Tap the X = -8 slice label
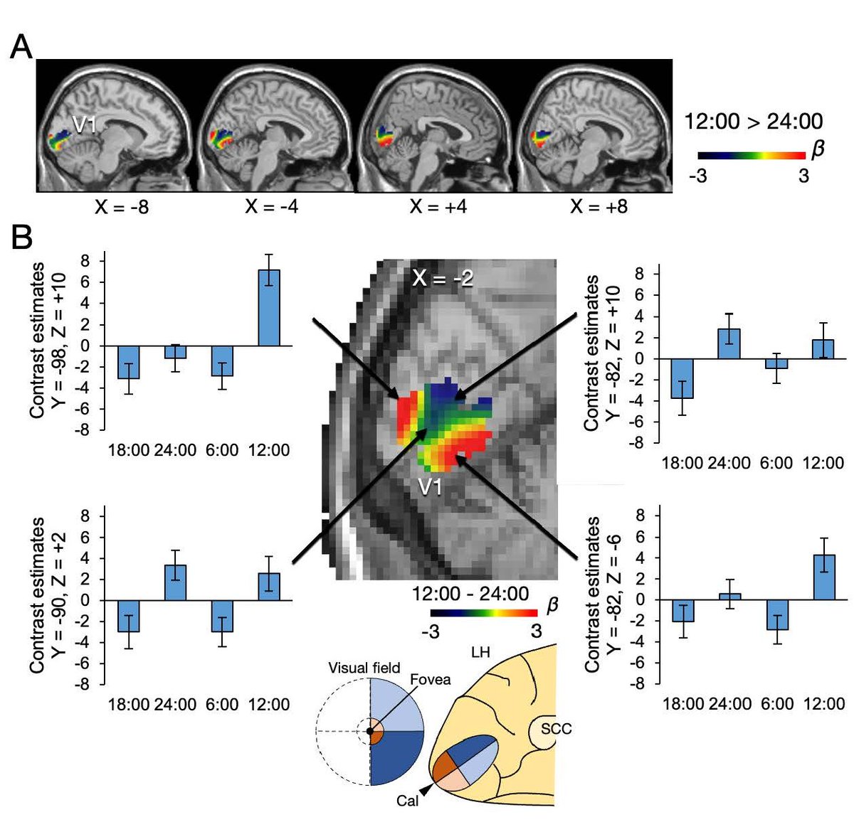pyautogui.click(x=122, y=207)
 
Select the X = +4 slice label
pyautogui.click(x=438, y=207)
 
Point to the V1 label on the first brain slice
pyautogui.click(x=85, y=124)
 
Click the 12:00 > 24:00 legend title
pyautogui.click(x=753, y=122)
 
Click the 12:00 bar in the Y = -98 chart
pyautogui.click(x=269, y=307)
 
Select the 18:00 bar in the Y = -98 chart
pyautogui.click(x=128, y=362)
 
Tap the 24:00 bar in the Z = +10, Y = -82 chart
pyautogui.click(x=729, y=343)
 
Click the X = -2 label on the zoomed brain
pyautogui.click(x=442, y=278)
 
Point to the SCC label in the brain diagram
pyautogui.click(x=557, y=729)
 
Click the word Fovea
pyautogui.click(x=430, y=680)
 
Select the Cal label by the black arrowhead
pyautogui.click(x=408, y=803)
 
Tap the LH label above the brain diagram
pyautogui.click(x=480, y=651)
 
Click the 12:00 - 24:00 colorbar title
pyautogui.click(x=470, y=594)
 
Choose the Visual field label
pyautogui.click(x=364, y=668)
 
